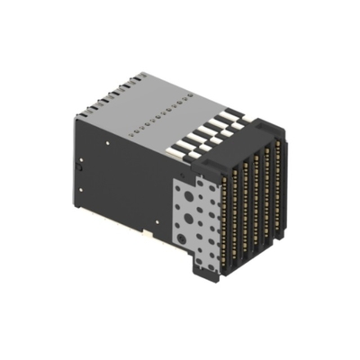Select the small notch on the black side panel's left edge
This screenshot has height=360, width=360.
point(79,166)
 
